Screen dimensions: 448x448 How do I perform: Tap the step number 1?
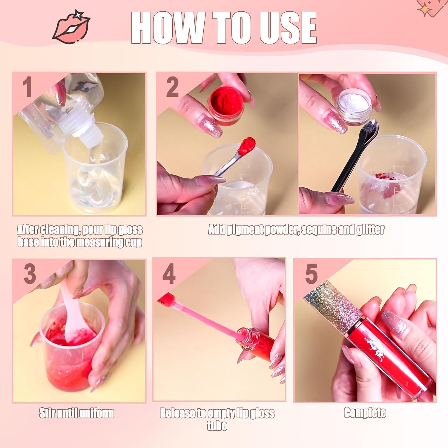[x=27, y=87]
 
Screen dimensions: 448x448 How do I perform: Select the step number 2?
[x=172, y=87]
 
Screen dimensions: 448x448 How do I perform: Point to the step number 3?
[x=30, y=274]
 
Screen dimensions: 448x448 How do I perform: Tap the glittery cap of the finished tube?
[x=335, y=305]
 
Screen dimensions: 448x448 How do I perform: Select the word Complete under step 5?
[x=365, y=413]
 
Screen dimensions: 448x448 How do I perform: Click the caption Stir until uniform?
[x=77, y=413]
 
